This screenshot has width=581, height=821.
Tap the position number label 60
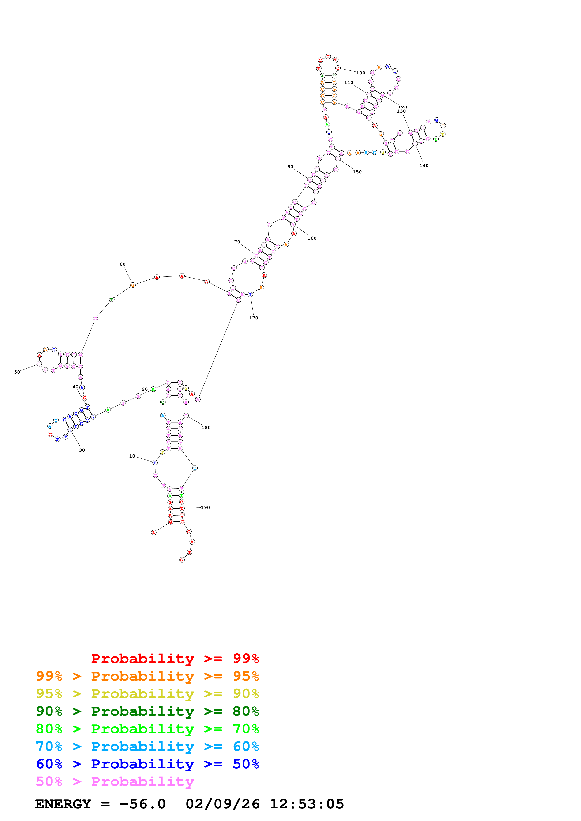click(122, 264)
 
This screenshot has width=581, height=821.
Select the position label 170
click(253, 318)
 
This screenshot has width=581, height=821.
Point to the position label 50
click(17, 372)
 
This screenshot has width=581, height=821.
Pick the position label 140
click(424, 165)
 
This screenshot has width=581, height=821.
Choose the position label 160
click(312, 238)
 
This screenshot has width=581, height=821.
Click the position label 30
click(82, 450)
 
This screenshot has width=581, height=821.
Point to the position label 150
click(357, 172)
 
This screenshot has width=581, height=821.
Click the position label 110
click(349, 83)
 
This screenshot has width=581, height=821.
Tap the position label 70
click(237, 242)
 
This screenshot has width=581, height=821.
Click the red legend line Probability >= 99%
click(175, 658)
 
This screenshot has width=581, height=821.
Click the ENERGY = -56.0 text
click(100, 804)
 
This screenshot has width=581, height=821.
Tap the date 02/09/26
click(222, 804)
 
